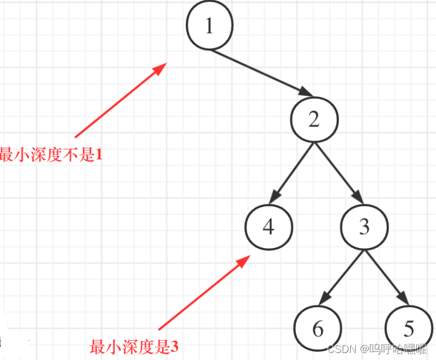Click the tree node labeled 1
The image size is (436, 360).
click(210, 26)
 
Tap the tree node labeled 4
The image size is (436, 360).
click(268, 227)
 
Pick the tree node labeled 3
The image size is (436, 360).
click(364, 227)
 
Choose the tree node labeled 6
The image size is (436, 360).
click(318, 329)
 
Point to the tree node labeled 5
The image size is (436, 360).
click(409, 329)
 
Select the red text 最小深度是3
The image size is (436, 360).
click(134, 347)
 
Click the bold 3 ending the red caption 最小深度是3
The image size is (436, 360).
click(174, 347)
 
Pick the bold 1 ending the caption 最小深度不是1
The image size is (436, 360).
click(98, 155)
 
